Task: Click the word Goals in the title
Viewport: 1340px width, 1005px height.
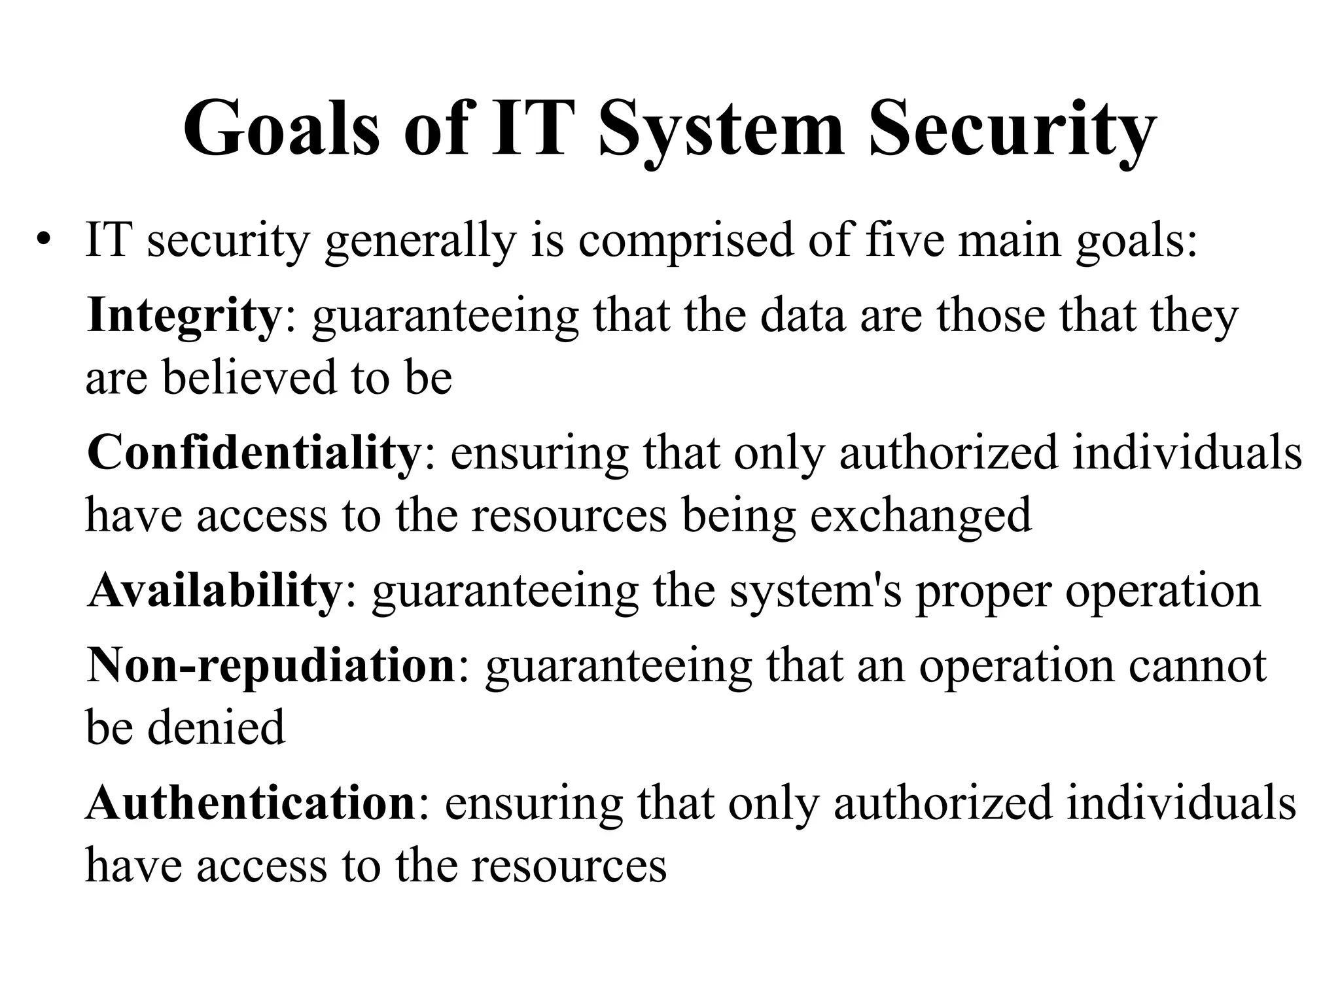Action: pyautogui.click(x=281, y=128)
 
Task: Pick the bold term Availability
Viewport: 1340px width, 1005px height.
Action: pyautogui.click(x=213, y=590)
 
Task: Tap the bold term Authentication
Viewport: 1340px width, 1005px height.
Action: pyautogui.click(x=250, y=803)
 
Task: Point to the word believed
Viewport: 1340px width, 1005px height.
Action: pyautogui.click(x=249, y=378)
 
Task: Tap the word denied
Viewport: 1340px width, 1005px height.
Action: pyautogui.click(x=217, y=727)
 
